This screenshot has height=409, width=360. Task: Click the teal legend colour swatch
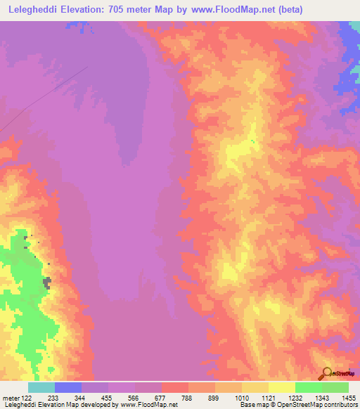41,387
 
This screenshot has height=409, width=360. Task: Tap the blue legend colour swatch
68,387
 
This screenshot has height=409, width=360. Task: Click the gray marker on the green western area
47,283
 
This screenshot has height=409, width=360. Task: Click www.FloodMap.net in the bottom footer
149,405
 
